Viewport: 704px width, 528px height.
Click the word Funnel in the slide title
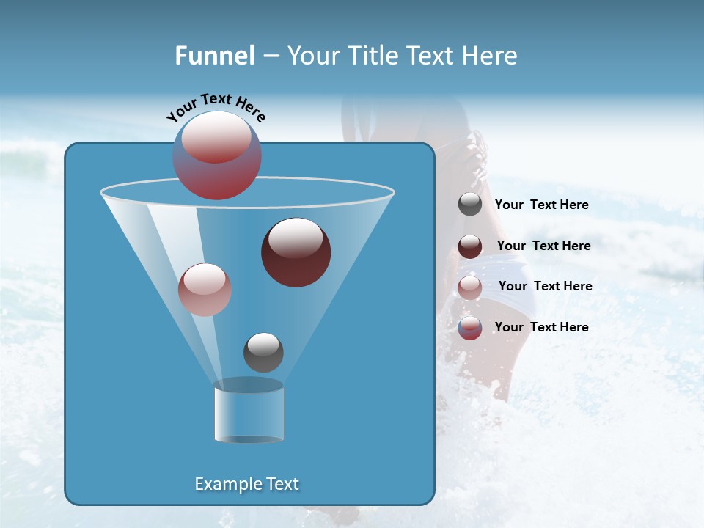(x=214, y=56)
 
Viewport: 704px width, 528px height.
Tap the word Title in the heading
(x=371, y=56)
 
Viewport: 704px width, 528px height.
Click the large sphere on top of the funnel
(x=217, y=155)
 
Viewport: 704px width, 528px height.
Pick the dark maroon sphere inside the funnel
(x=296, y=252)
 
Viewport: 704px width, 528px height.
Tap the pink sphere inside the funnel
(x=205, y=290)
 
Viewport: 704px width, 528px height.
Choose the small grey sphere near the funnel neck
(x=263, y=352)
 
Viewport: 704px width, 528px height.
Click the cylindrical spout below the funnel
(x=249, y=411)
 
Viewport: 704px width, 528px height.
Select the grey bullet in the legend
(x=470, y=205)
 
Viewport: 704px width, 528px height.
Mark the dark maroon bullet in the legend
(x=470, y=246)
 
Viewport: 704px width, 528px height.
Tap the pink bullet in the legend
(x=470, y=287)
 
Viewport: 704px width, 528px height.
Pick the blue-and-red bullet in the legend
(x=470, y=328)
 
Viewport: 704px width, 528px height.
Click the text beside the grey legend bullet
(x=541, y=205)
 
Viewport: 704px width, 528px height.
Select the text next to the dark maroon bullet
(x=543, y=246)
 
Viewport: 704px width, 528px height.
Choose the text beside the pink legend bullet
(x=545, y=286)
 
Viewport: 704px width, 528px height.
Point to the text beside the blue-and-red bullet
(x=541, y=327)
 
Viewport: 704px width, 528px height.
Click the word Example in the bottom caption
(x=227, y=484)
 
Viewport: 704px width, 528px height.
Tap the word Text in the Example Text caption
(x=282, y=484)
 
